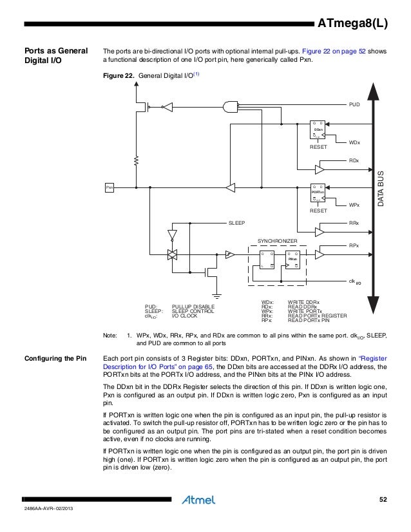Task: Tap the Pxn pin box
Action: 110,187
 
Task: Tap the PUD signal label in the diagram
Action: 354,102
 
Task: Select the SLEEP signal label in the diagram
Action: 237,223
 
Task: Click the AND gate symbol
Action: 230,106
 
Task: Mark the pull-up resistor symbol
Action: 137,158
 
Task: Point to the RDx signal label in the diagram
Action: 354,159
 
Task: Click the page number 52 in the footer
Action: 384,500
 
